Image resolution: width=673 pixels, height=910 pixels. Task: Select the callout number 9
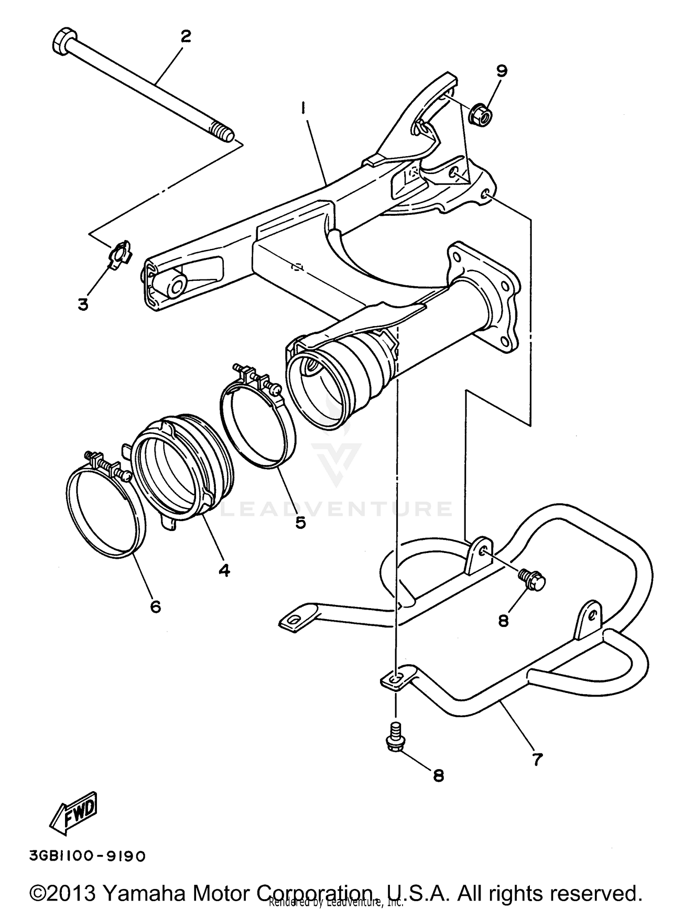pyautogui.click(x=501, y=70)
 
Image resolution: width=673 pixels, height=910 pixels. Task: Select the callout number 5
pyautogui.click(x=300, y=522)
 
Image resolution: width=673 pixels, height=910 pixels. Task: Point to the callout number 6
pyautogui.click(x=155, y=606)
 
